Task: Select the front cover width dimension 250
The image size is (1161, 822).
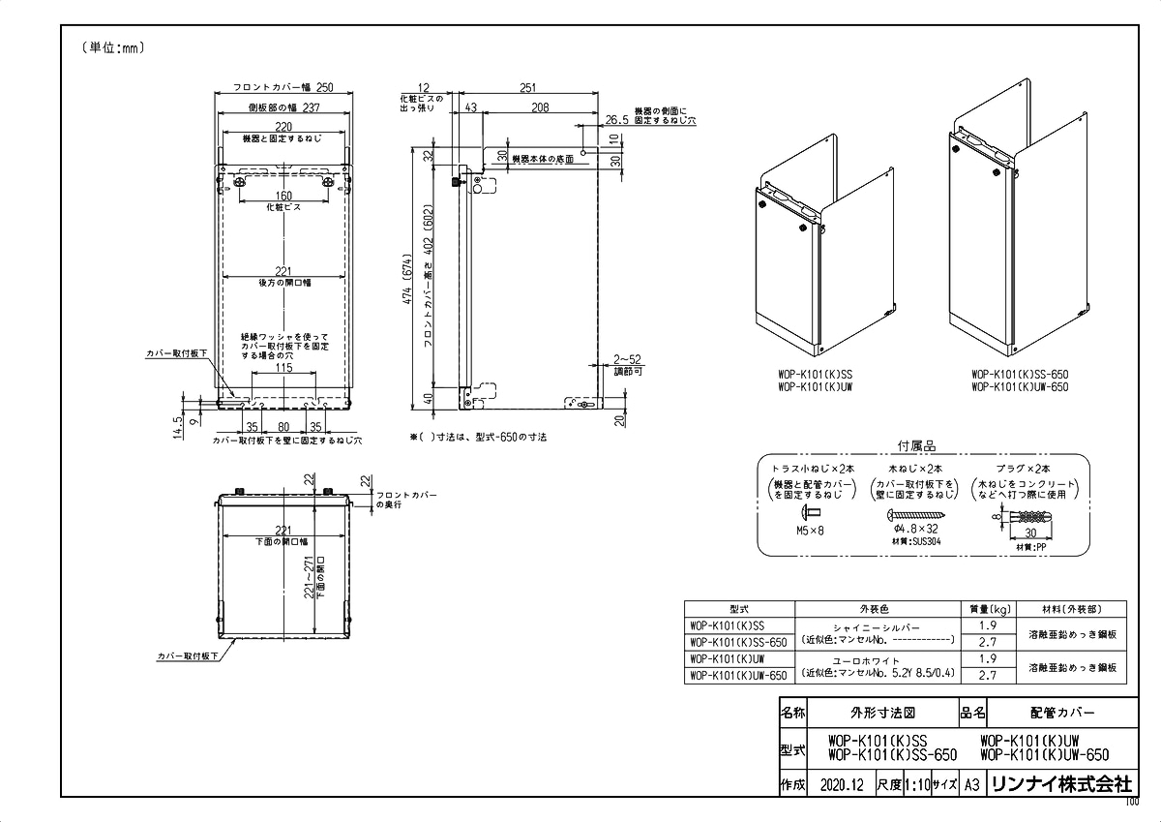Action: click(283, 87)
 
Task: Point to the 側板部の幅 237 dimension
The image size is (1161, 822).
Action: click(283, 108)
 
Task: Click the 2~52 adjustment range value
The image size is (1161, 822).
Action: click(627, 358)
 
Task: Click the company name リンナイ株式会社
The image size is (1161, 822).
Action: click(1059, 784)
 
